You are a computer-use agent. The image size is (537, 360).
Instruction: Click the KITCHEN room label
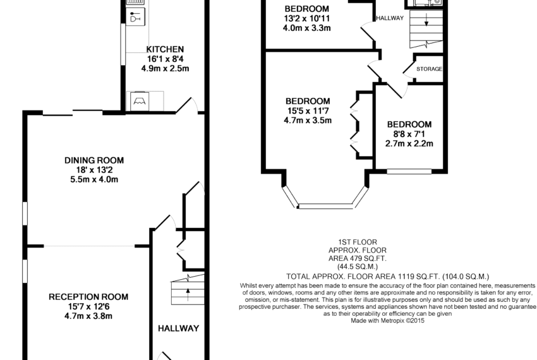pyautogui.click(x=165, y=49)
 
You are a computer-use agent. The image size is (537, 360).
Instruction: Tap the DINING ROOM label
pyautogui.click(x=94, y=160)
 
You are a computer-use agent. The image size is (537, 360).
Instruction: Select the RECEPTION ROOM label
pyautogui.click(x=88, y=297)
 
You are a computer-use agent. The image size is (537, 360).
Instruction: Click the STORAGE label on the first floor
pyautogui.click(x=429, y=69)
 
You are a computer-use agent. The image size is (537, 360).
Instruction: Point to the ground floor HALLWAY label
pyautogui.click(x=178, y=328)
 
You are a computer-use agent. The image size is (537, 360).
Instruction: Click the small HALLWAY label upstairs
pyautogui.click(x=390, y=18)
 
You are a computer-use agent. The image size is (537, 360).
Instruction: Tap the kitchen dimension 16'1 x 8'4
pyautogui.click(x=165, y=59)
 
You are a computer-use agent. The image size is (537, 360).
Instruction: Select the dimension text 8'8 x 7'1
pyautogui.click(x=409, y=134)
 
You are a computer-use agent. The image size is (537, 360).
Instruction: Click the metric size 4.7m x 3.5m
pyautogui.click(x=308, y=121)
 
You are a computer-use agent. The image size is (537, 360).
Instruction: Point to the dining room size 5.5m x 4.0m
pyautogui.click(x=94, y=179)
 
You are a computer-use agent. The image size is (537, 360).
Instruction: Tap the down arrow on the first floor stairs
pyautogui.click(x=426, y=20)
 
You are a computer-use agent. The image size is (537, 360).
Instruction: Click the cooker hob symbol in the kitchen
pyautogui.click(x=140, y=102)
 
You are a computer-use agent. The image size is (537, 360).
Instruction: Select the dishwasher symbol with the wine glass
pyautogui.click(x=136, y=17)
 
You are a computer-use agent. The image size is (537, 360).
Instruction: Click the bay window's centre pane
pyautogui.click(x=325, y=206)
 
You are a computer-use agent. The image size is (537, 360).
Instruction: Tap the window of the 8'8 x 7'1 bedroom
pyautogui.click(x=409, y=171)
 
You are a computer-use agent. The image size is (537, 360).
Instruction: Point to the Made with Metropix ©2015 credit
pyautogui.click(x=387, y=321)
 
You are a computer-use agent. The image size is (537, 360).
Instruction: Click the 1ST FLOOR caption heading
pyautogui.click(x=358, y=242)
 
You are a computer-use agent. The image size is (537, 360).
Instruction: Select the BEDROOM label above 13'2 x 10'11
pyautogui.click(x=307, y=9)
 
